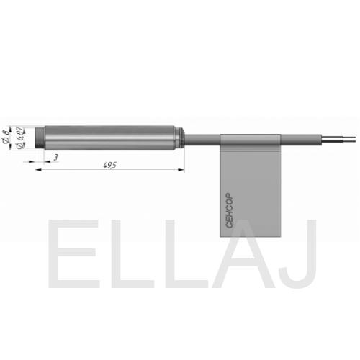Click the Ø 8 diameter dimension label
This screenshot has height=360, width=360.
tap(6, 137)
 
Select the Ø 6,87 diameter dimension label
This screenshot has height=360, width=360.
tap(21, 138)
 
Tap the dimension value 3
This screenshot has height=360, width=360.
tap(56, 158)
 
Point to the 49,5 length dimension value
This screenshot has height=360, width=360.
tap(109, 165)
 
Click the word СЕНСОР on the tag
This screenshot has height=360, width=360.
tap(229, 210)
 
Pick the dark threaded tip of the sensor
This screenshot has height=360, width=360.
tap(40, 138)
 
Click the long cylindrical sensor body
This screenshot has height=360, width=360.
tap(109, 138)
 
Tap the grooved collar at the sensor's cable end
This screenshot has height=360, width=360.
tap(180, 138)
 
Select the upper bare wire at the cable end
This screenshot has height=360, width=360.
tap(338, 138)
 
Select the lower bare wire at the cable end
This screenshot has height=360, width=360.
tap(338, 141)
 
